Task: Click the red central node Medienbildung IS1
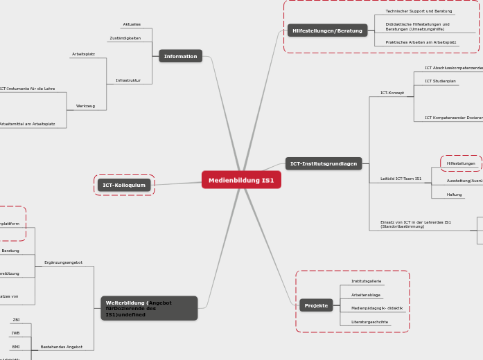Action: tap(241, 180)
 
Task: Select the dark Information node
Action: tap(180, 56)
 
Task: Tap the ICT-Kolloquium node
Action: tap(124, 185)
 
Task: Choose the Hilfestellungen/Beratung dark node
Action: tap(327, 30)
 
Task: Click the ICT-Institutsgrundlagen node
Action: tap(324, 164)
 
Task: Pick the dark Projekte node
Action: tap(316, 305)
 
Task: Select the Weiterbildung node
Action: tap(149, 308)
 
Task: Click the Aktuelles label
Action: tap(132, 24)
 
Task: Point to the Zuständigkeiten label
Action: tap(125, 38)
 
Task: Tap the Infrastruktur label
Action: tap(128, 80)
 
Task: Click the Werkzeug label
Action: tap(85, 106)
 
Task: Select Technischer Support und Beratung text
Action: tap(419, 11)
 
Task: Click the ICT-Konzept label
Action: tap(392, 93)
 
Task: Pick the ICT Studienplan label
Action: tap(440, 81)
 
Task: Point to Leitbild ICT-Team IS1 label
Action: tap(401, 179)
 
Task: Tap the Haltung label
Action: tap(454, 195)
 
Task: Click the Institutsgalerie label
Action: tap(366, 281)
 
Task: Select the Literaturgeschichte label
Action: tap(369, 322)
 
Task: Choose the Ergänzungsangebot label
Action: tap(63, 262)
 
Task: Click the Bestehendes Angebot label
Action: tap(62, 347)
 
